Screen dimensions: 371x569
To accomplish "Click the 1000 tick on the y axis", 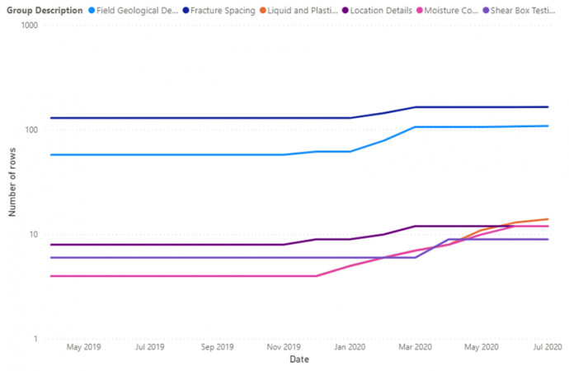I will tap(31, 26).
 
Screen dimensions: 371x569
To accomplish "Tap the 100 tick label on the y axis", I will tap(33, 130).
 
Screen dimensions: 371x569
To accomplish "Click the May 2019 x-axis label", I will tap(83, 348).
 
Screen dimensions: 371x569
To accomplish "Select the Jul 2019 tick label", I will tap(149, 348).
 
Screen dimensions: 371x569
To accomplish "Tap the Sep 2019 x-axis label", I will tap(217, 348).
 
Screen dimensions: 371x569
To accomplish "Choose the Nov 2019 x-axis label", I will tap(284, 348).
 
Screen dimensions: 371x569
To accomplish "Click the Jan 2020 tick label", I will tap(350, 348).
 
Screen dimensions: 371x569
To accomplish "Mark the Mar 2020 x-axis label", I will tap(416, 348).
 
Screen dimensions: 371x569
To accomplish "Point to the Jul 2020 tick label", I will tap(548, 348).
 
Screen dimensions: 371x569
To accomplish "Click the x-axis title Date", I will tap(299, 360).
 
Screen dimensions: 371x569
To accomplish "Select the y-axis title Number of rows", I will tap(12, 183).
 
